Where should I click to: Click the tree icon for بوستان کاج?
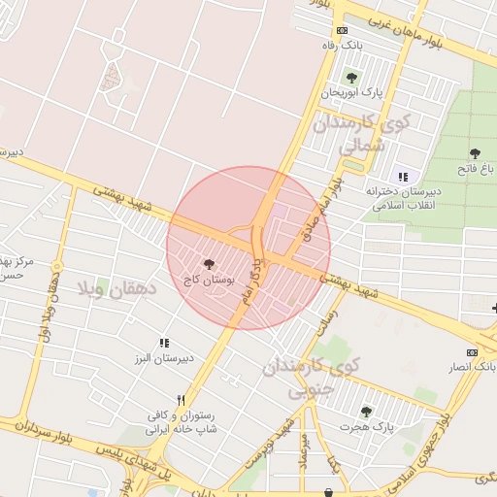tap(209, 263)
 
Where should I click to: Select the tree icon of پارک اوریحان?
tap(351, 77)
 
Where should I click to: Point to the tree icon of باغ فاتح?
tap(475, 153)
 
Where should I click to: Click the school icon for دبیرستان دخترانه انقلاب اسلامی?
tap(402, 177)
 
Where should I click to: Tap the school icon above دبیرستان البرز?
tap(165, 343)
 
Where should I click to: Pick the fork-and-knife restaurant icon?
tap(181, 399)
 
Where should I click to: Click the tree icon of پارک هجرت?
tap(366, 412)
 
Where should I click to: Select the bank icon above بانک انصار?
tap(472, 352)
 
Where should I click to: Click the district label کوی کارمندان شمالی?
tap(368, 136)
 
